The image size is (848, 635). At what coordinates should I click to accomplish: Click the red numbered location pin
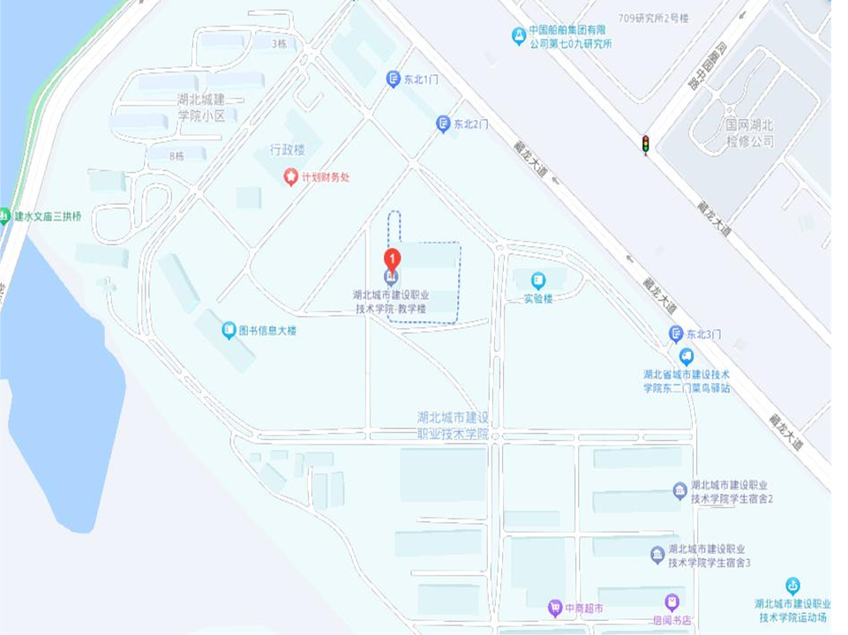coord(392,259)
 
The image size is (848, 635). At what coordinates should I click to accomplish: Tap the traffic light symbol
coord(645,144)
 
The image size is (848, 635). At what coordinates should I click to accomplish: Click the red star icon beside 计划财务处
coord(290,176)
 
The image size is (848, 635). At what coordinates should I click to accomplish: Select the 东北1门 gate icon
coord(394,79)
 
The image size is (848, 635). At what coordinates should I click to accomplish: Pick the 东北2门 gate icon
coord(443,124)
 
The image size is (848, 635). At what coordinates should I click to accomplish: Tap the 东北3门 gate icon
coord(676,333)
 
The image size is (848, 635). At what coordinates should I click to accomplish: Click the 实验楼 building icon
coord(537,280)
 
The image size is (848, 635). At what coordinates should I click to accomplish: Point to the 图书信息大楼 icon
coord(229,331)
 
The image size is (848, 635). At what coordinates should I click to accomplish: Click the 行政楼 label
coord(287,150)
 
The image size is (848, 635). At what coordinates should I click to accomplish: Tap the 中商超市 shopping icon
coord(554,608)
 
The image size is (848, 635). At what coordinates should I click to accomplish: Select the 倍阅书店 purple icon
coord(672,603)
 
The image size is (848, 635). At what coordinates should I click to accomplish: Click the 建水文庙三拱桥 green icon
coord(5,215)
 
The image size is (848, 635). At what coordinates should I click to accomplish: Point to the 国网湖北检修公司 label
coord(749,134)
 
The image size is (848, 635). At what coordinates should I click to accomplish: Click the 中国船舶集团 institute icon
coord(519,35)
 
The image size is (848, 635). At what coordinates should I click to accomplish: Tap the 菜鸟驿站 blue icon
coord(686,356)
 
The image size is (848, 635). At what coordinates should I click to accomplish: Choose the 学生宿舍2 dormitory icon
coord(679,490)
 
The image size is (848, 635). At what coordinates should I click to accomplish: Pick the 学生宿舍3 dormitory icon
coord(657,555)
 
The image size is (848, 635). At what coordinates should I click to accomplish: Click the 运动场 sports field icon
coord(792,586)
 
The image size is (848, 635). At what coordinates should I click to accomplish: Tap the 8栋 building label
coord(177,156)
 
